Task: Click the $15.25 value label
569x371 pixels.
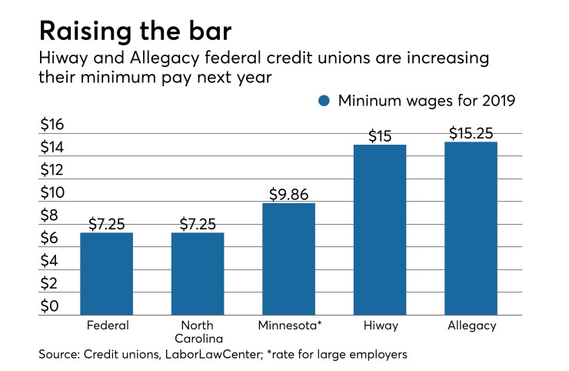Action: click(x=471, y=132)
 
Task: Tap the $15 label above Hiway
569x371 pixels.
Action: click(x=380, y=136)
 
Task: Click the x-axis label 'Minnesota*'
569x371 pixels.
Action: click(x=288, y=326)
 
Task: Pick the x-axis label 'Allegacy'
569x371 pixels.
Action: click(x=471, y=326)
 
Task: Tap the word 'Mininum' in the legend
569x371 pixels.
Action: click(x=368, y=100)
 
